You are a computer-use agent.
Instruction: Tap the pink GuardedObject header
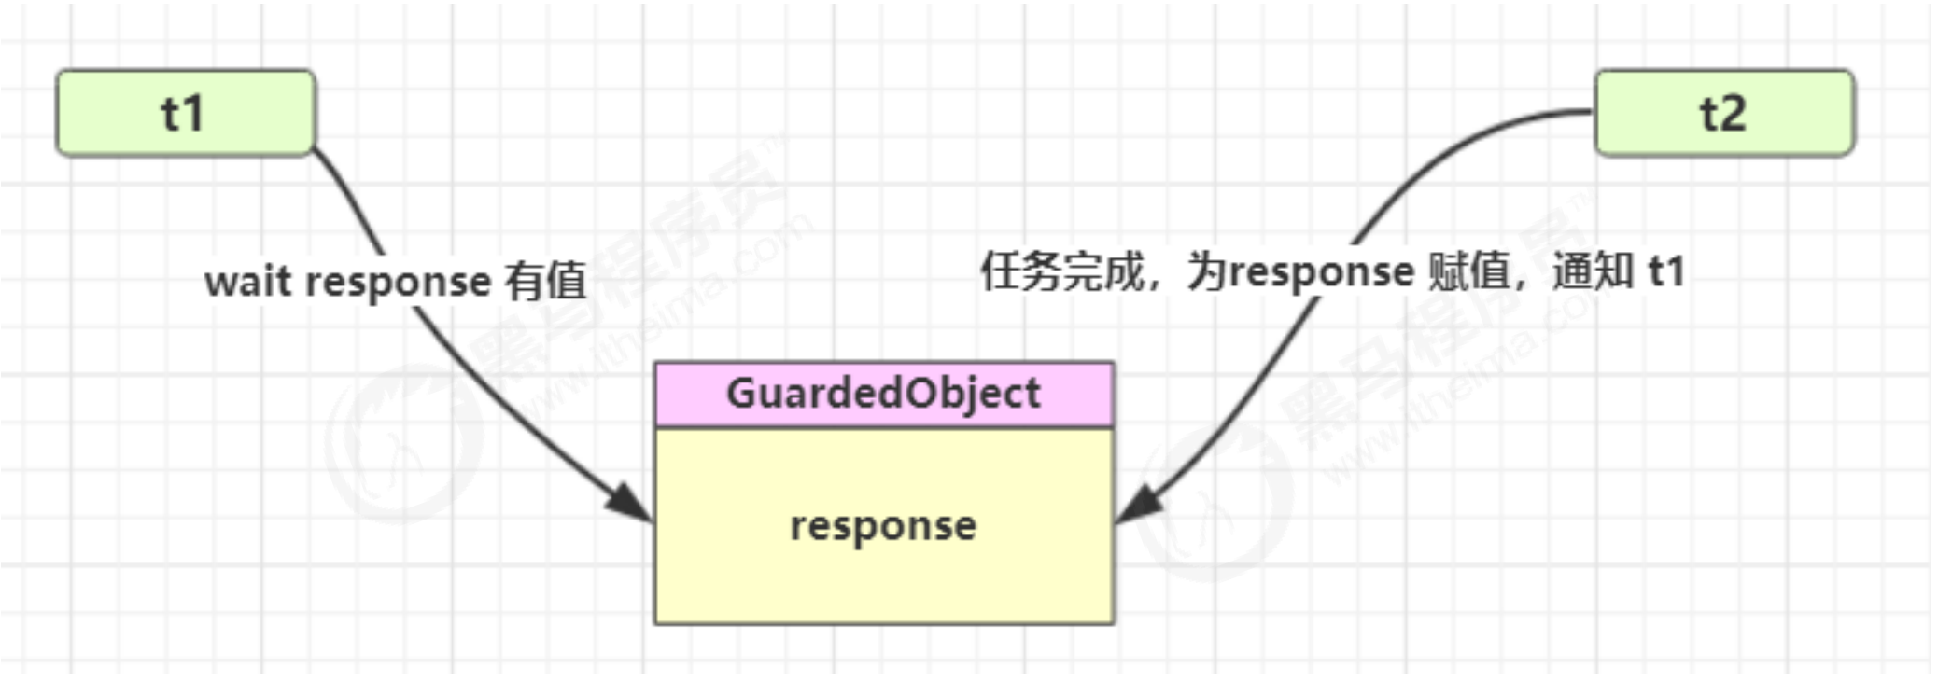883,394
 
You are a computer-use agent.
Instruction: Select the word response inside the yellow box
883,526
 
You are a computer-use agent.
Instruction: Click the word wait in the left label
247,281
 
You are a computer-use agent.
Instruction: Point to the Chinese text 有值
545,281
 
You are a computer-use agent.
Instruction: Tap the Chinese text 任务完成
1061,271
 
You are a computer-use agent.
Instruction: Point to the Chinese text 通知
1593,271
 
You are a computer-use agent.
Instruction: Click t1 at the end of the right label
1666,271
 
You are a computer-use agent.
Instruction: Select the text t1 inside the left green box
182,114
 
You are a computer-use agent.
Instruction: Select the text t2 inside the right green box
1723,114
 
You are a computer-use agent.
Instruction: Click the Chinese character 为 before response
1207,271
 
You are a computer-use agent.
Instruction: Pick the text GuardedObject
883,394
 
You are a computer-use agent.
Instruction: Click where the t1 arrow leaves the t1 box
316,149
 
